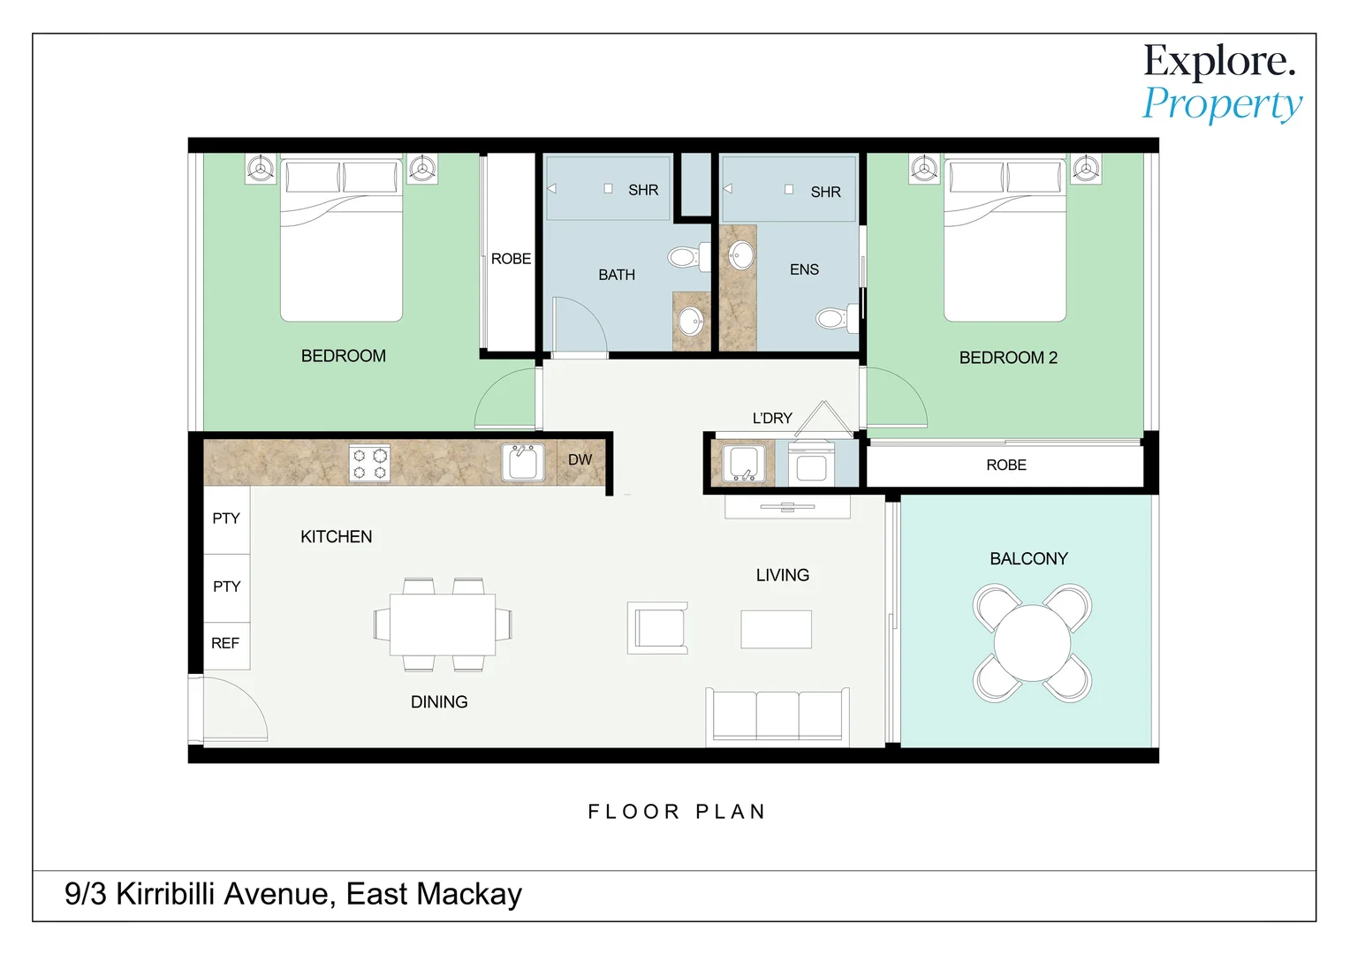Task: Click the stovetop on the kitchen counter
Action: click(x=369, y=464)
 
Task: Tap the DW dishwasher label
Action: click(x=580, y=460)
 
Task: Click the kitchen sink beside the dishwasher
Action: click(x=523, y=462)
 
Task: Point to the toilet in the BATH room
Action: click(x=689, y=257)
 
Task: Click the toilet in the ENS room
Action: click(x=838, y=318)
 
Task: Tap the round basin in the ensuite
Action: click(x=740, y=255)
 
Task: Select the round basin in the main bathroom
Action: click(x=691, y=321)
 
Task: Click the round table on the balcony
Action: click(x=1032, y=643)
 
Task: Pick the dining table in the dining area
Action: click(x=443, y=625)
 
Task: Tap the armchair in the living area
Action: click(x=657, y=627)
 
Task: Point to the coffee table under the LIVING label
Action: click(x=777, y=629)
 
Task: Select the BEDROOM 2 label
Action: click(x=1008, y=358)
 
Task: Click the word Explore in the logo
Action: click(x=1219, y=62)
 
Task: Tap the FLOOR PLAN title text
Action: click(x=676, y=812)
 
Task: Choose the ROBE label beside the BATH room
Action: click(x=511, y=259)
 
